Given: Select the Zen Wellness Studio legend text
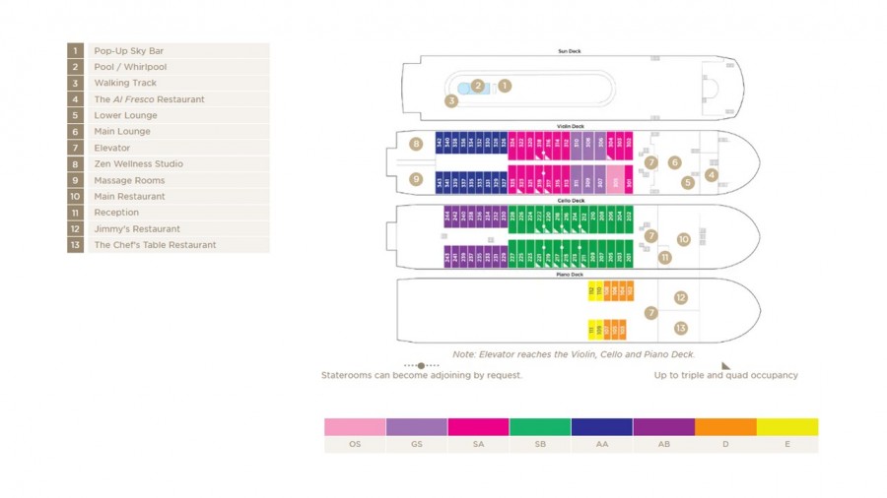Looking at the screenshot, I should [138, 164].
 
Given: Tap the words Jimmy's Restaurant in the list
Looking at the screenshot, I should [137, 228].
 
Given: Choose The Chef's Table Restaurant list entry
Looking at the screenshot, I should [155, 245].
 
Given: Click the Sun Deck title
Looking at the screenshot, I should [570, 51].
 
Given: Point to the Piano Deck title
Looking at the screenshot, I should [570, 275].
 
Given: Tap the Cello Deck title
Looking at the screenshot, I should [570, 201].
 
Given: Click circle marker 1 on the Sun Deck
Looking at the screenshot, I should [505, 86].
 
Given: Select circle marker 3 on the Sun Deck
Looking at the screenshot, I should [451, 100].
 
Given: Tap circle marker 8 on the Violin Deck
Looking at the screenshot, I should [417, 145].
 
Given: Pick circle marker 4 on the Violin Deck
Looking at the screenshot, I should [712, 175].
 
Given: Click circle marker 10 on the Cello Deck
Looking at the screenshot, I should [684, 239].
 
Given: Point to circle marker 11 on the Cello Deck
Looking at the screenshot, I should [664, 258].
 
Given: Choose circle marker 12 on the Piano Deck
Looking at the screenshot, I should [680, 297].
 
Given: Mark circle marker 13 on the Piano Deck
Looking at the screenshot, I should [680, 329].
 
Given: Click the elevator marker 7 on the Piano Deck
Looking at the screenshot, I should [650, 313].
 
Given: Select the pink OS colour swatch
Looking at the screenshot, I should [355, 427].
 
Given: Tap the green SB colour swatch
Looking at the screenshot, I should [540, 427].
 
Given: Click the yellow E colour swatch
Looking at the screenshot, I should [786, 427].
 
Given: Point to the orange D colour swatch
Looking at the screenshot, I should [725, 427].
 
